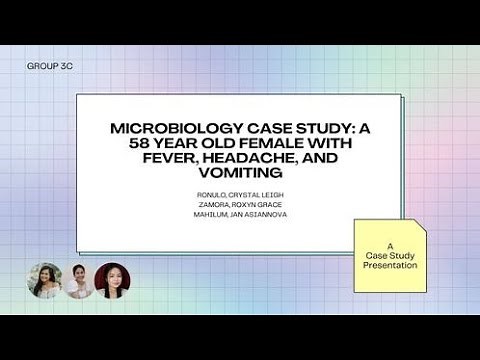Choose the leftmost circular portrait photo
click(45, 281)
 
